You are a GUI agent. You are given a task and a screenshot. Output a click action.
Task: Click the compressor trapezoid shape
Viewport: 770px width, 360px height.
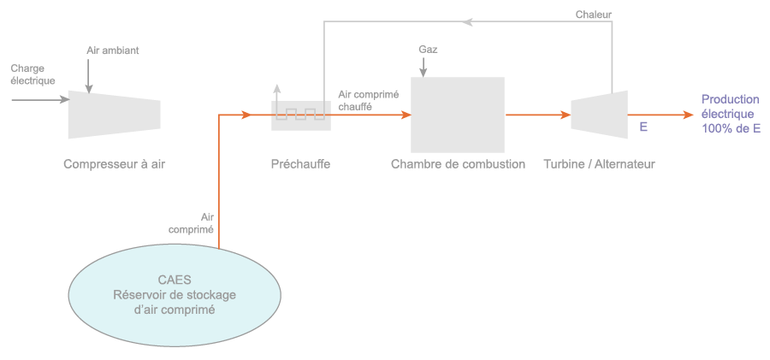click(x=114, y=114)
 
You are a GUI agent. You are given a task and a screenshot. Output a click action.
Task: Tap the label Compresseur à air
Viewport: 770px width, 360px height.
click(x=114, y=164)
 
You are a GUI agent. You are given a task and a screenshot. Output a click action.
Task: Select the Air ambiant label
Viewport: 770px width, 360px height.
click(x=112, y=50)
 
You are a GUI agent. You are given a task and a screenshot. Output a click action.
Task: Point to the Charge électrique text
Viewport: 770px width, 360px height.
click(x=33, y=74)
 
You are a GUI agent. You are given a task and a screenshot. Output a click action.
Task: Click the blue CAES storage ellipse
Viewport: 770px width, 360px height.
click(x=175, y=295)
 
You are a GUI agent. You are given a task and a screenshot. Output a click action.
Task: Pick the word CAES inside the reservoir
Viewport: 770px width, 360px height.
click(x=175, y=280)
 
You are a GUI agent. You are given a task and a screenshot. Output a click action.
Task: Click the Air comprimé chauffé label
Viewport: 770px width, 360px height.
click(x=369, y=101)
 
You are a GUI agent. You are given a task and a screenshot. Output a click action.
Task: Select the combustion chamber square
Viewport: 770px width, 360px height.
click(x=457, y=114)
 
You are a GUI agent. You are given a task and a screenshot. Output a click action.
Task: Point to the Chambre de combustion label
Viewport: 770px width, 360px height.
click(x=458, y=164)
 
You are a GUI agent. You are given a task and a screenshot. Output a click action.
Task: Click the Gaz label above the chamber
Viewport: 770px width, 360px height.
click(x=428, y=50)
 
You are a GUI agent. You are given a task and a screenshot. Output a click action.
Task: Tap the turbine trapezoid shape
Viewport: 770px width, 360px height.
click(x=599, y=114)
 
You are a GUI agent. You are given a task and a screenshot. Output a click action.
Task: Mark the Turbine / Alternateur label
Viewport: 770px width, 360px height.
click(x=599, y=164)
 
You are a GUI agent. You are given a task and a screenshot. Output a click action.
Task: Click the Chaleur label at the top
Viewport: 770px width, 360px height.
click(x=594, y=15)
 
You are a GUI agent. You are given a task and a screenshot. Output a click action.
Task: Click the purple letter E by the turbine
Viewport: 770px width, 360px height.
click(x=643, y=127)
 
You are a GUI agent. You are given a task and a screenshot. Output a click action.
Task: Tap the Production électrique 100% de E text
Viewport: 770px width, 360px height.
click(x=731, y=114)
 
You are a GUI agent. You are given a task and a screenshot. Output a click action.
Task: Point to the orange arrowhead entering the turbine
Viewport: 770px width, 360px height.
click(x=566, y=114)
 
